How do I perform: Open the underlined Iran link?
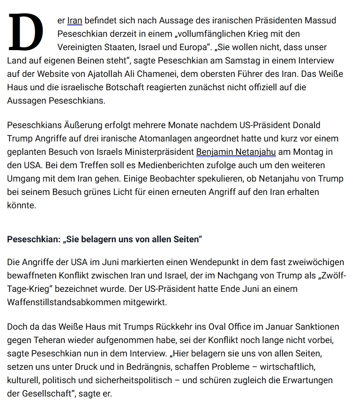[75, 21]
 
